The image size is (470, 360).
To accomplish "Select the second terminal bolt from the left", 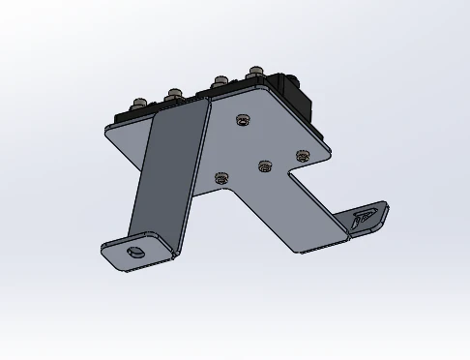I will pyautogui.click(x=174, y=95).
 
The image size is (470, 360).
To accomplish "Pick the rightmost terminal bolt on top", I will pyautogui.click(x=255, y=72).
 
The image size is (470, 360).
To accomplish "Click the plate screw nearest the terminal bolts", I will pyautogui.click(x=242, y=120).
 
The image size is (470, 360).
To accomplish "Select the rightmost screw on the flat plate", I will pyautogui.click(x=302, y=155).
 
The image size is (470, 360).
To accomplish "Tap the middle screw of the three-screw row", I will pyautogui.click(x=264, y=166).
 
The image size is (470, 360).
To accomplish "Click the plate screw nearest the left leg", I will pyautogui.click(x=221, y=178).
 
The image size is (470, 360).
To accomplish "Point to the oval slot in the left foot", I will pyautogui.click(x=136, y=251).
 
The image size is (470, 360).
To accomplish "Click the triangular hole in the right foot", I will pyautogui.click(x=366, y=219).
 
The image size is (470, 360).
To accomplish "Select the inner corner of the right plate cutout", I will pyautogui.click(x=286, y=181).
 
